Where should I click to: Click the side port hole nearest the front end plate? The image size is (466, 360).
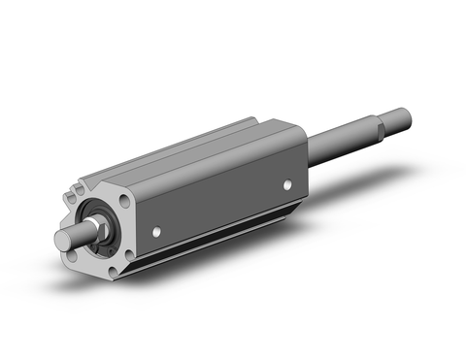[155, 232]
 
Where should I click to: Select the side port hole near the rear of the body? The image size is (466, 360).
[287, 184]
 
